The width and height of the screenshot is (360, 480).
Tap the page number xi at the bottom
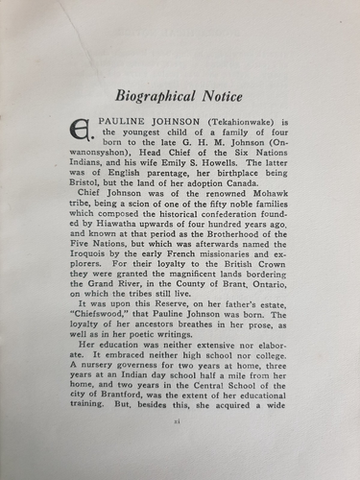[x=180, y=448]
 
